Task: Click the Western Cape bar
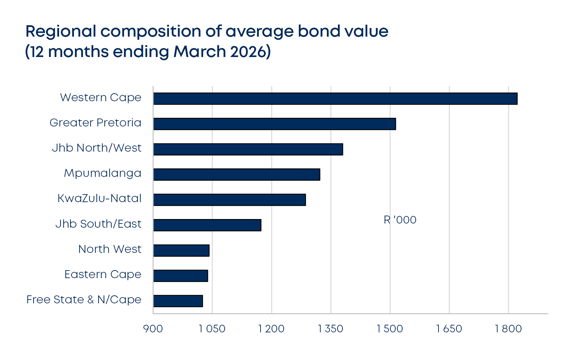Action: (x=335, y=98)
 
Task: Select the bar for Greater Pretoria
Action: (x=274, y=124)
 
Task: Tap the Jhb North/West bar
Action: (x=248, y=149)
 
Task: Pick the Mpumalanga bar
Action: (x=237, y=174)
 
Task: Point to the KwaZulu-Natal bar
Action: (x=229, y=200)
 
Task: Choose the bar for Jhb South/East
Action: (x=207, y=225)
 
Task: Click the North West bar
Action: (x=181, y=250)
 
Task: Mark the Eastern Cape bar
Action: (x=181, y=276)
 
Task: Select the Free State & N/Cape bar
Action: (x=178, y=301)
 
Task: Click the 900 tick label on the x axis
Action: (x=153, y=329)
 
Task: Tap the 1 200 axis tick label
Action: (x=271, y=329)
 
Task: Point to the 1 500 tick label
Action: (x=390, y=329)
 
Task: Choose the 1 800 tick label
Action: (x=508, y=329)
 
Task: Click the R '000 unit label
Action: (x=400, y=220)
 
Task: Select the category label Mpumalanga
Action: (x=103, y=173)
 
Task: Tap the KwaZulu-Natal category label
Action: (x=100, y=198)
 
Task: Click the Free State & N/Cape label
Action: (x=84, y=300)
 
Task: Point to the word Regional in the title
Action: (x=61, y=32)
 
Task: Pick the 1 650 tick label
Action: (x=449, y=329)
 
